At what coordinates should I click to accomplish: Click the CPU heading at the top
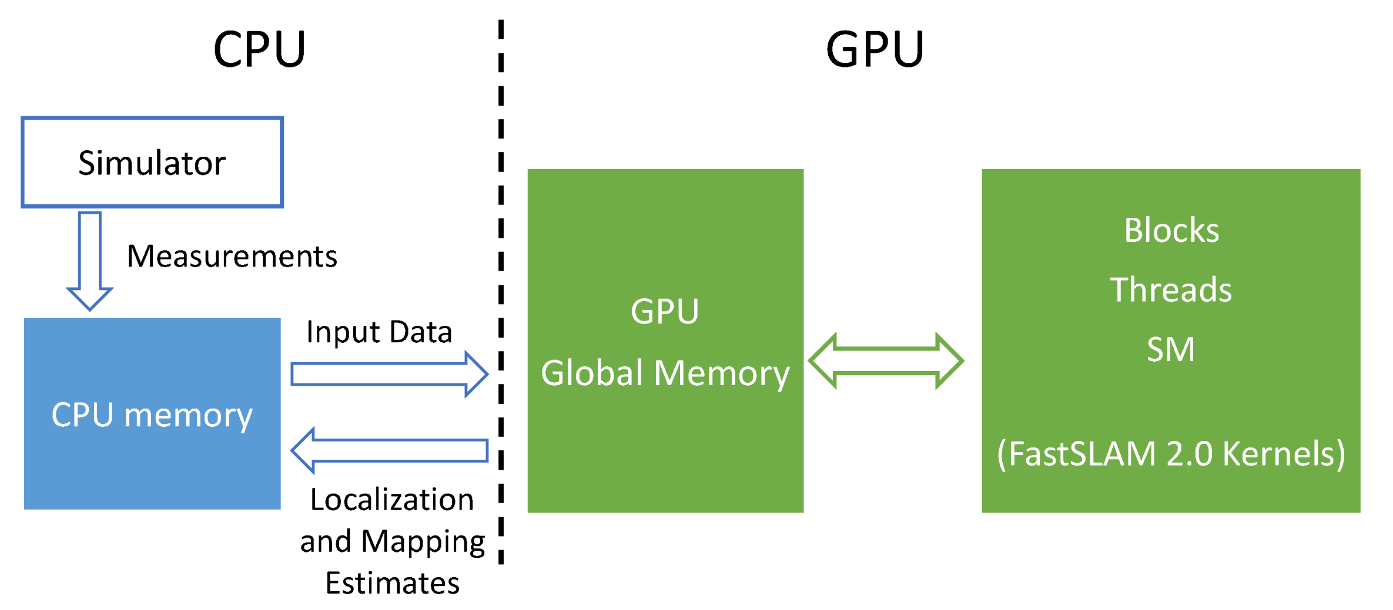[259, 49]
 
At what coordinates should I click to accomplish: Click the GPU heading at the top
[875, 49]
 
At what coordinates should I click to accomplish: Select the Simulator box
[152, 163]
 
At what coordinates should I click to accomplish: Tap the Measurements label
[232, 257]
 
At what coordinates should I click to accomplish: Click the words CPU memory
[152, 415]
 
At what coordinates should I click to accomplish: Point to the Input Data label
[379, 332]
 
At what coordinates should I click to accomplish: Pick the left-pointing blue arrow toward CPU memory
[389, 450]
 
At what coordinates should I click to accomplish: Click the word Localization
[392, 500]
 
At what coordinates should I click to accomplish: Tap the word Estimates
[392, 584]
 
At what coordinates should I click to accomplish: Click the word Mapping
[423, 542]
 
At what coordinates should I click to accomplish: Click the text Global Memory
[665, 373]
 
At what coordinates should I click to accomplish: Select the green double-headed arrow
[886, 360]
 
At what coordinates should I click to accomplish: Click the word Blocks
[1171, 230]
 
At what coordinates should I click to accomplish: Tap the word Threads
[1171, 290]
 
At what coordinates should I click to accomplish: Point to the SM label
[1171, 350]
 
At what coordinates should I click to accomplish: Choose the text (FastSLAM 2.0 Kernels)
[1171, 454]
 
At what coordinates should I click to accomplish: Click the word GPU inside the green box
[665, 311]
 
